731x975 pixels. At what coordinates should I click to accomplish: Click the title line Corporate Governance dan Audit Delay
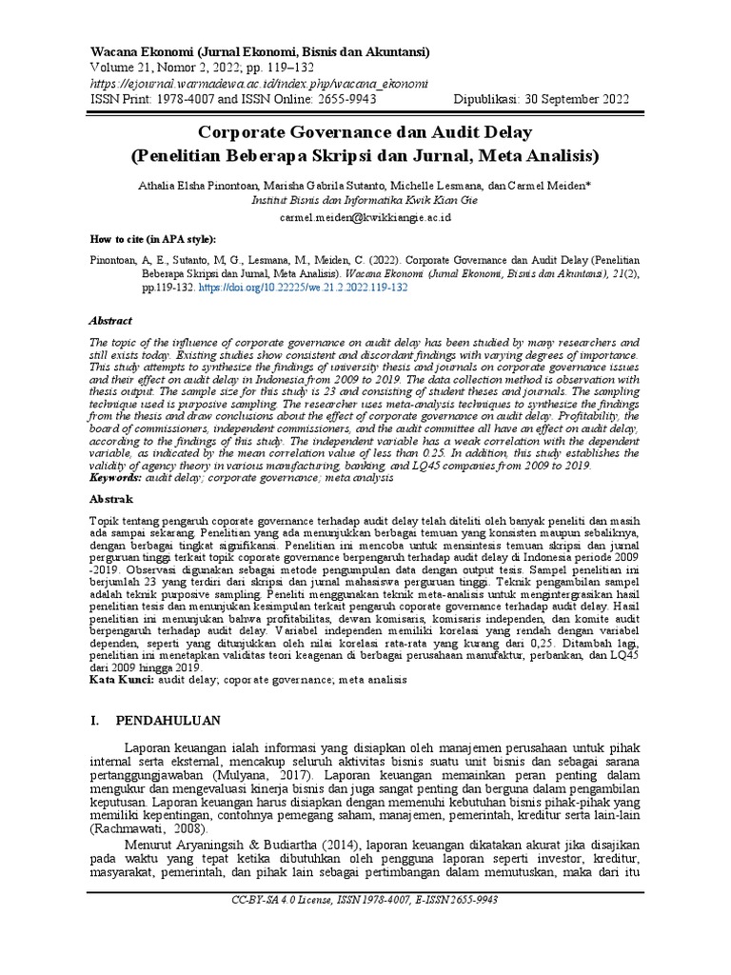click(365, 131)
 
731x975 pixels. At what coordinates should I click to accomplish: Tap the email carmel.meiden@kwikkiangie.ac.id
click(365, 217)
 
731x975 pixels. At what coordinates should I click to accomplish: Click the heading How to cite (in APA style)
click(152, 239)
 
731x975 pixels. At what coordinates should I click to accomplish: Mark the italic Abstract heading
click(110, 322)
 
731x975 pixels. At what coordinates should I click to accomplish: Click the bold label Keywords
click(117, 477)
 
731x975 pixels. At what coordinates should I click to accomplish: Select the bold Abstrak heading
click(111, 499)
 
